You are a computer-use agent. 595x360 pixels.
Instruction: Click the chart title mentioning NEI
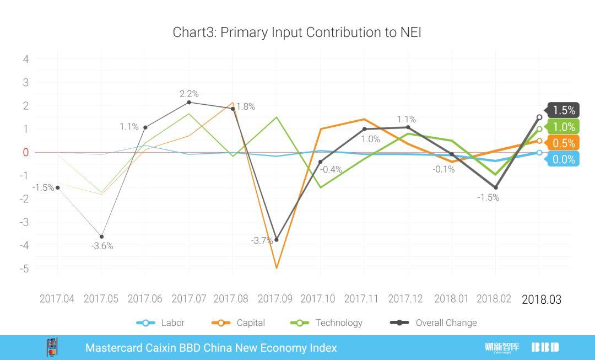pos(297,32)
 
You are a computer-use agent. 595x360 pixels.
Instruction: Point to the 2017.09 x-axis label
pos(275,299)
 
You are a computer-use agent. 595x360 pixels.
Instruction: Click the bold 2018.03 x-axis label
pos(541,299)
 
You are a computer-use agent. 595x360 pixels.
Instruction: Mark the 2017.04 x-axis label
pos(57,299)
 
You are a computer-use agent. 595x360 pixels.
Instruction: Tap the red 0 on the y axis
pos(25,152)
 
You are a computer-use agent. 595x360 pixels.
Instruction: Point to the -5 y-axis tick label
pos(23,269)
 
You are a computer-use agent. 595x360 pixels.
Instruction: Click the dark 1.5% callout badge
pos(563,110)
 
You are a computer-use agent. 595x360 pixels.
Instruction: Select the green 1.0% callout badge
pos(563,127)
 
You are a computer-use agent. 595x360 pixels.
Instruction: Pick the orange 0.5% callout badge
pos(563,143)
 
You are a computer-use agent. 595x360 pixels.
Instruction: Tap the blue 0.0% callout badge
pos(563,160)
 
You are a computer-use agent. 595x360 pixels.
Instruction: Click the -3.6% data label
pos(102,246)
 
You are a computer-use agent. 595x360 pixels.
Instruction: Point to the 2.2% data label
pos(188,94)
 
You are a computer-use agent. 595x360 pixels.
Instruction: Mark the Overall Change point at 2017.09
pos(276,240)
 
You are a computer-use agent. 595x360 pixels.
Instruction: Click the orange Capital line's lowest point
pos(276,268)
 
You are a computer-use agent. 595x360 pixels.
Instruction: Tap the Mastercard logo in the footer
pos(52,347)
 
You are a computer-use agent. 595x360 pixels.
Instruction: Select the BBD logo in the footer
pos(545,347)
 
